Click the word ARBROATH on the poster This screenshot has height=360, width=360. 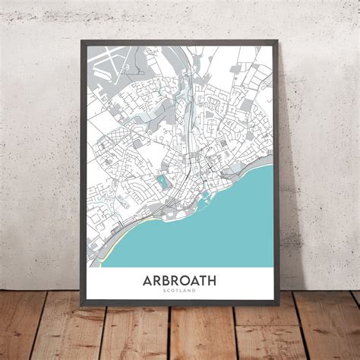(178, 280)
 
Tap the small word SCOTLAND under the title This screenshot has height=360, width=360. (178, 292)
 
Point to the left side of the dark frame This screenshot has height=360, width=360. (81, 175)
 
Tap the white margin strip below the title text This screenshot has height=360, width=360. (178, 300)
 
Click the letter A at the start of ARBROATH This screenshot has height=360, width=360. (147, 280)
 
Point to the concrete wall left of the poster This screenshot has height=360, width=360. (38, 152)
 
